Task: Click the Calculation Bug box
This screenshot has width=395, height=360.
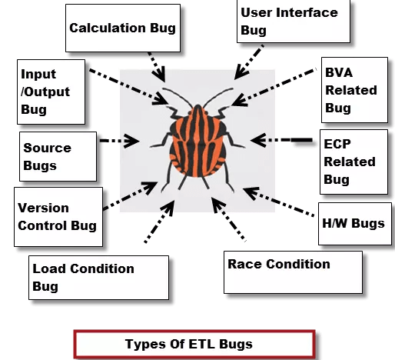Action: [x=123, y=28]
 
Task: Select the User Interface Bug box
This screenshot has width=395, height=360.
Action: [x=294, y=22]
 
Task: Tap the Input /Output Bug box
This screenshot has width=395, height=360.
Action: [x=51, y=92]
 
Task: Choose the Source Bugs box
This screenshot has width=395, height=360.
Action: [x=58, y=156]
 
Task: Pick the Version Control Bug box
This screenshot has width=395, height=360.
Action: [x=58, y=217]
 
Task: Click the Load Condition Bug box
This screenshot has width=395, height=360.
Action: [x=98, y=278]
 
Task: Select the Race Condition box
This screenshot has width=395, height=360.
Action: [x=293, y=272]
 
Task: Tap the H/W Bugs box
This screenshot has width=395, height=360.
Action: [x=355, y=224]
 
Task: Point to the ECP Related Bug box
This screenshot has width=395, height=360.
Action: [x=354, y=162]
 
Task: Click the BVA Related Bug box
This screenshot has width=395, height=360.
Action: [x=354, y=90]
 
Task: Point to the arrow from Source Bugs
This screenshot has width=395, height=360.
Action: [x=119, y=141]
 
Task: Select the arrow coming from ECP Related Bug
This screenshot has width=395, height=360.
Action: [x=281, y=140]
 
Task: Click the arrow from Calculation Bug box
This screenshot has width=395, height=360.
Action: [x=157, y=67]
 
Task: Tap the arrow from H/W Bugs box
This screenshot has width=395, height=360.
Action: [x=279, y=202]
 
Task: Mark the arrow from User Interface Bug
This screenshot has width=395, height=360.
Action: [x=249, y=62]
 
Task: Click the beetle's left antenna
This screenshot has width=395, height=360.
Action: [x=178, y=96]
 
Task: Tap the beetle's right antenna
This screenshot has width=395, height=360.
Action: [x=217, y=96]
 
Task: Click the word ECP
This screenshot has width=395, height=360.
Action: [x=337, y=144]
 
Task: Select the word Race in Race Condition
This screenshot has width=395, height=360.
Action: [x=244, y=264]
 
